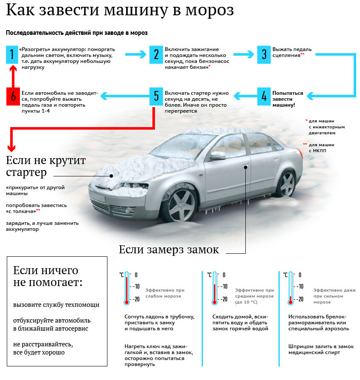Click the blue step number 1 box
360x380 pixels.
[12, 54]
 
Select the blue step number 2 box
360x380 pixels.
[156, 54]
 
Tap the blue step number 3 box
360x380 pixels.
[264, 54]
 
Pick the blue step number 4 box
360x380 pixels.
[264, 96]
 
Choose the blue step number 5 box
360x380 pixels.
[156, 96]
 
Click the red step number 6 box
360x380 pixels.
[13, 96]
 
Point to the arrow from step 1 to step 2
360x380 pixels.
[136, 54]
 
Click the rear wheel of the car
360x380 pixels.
[287, 184]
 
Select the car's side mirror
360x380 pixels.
[218, 155]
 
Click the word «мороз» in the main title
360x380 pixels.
[209, 10]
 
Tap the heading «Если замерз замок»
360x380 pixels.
[169, 250]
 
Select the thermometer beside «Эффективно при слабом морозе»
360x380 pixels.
[127, 288]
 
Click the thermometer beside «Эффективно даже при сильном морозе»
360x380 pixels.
[290, 288]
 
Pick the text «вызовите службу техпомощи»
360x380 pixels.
[56, 305]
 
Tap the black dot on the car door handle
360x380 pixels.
[246, 167]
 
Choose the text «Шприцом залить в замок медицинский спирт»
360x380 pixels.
[321, 349]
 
